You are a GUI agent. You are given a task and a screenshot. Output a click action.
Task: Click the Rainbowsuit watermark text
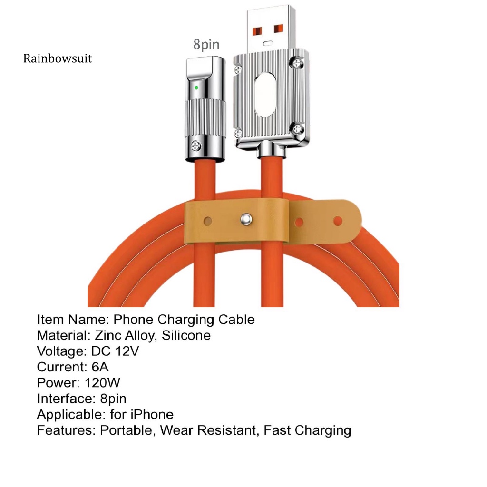(x=58, y=58)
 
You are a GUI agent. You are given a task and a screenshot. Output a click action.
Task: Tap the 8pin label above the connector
(x=206, y=44)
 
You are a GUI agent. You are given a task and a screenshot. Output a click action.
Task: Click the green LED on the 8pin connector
(x=196, y=88)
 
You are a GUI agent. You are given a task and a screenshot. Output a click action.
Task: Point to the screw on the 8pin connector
(x=196, y=146)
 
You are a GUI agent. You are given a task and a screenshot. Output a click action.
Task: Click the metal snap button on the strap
(x=246, y=219)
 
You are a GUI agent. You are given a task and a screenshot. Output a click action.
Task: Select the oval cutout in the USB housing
(x=265, y=95)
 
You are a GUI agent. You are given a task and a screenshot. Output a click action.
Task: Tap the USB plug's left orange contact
(x=257, y=31)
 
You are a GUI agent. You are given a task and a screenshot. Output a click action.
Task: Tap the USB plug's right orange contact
(x=279, y=29)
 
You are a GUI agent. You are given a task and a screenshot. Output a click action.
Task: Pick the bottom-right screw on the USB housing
(x=297, y=128)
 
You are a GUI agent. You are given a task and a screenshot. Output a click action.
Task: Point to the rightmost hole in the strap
(x=338, y=222)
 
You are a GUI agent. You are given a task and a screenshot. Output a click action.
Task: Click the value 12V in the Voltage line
(x=127, y=351)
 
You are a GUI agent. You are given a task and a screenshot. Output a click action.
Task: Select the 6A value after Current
(x=100, y=367)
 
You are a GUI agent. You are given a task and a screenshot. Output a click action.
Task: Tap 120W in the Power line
(x=102, y=383)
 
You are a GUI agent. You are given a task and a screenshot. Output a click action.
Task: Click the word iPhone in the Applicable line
(x=152, y=415)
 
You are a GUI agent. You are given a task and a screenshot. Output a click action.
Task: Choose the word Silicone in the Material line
(x=186, y=335)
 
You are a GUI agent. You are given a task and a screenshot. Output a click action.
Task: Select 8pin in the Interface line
(x=113, y=399)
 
